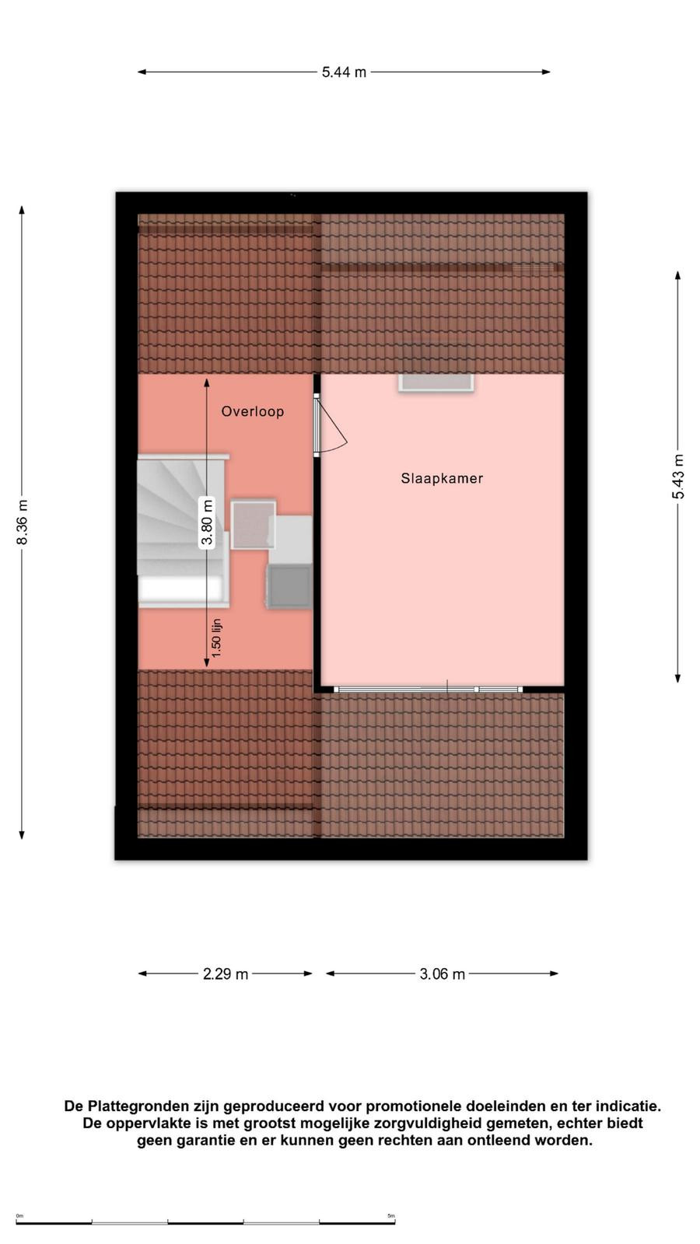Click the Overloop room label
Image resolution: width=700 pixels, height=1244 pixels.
252,411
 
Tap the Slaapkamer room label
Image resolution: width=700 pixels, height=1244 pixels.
442,478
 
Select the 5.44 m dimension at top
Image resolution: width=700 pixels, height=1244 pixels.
344,72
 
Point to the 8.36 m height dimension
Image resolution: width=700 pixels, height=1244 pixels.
23,522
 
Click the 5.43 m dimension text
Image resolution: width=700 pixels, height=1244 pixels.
678,477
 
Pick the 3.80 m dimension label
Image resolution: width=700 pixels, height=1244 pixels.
207,522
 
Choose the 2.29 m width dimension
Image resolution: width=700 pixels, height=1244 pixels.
225,973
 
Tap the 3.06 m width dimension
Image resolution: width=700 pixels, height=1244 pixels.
443,973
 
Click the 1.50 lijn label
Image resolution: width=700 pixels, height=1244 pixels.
217,638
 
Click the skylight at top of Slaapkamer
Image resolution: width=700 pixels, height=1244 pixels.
436,383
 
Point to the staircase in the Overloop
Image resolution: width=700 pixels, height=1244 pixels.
184,531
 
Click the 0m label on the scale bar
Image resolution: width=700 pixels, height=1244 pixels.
19,1216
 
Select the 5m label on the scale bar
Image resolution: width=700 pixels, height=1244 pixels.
391,1216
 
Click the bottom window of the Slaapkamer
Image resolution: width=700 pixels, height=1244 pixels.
429,689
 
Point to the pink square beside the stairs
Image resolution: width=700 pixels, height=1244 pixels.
254,525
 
